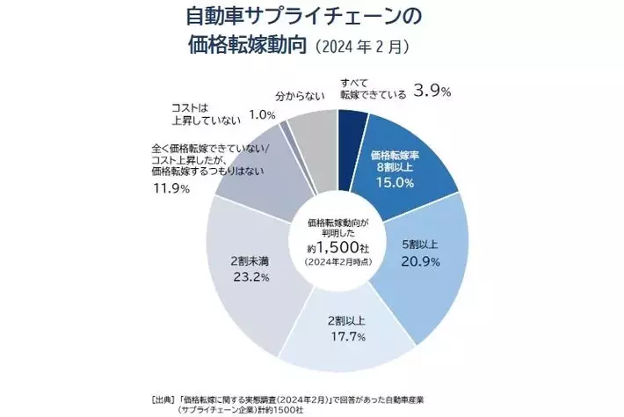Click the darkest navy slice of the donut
coord(351,127)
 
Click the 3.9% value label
coord(433,91)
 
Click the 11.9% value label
coord(171,189)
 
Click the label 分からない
coord(298,91)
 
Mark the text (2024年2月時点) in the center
coord(338,262)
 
